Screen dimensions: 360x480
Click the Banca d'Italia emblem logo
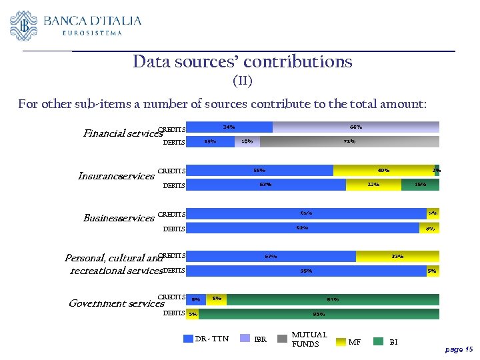click(x=24, y=25)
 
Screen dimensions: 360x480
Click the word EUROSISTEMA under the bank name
click(x=92, y=33)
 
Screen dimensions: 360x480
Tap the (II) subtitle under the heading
click(x=242, y=81)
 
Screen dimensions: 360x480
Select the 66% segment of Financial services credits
click(x=355, y=127)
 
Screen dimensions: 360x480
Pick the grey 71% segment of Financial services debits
click(x=349, y=141)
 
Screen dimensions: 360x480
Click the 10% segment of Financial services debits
click(x=247, y=141)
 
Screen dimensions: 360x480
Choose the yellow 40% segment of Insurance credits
click(x=383, y=171)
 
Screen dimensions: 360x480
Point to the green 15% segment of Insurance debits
click(x=420, y=185)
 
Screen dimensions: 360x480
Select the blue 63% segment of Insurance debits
click(x=265, y=185)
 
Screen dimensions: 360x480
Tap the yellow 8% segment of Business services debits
click(x=429, y=228)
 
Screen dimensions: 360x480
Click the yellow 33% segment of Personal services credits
click(x=397, y=256)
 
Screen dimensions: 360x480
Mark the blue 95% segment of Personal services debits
click(x=306, y=271)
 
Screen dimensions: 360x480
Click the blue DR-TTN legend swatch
click(x=188, y=339)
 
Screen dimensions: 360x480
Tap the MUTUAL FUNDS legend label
click(x=309, y=339)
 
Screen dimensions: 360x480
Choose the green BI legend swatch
click(x=378, y=341)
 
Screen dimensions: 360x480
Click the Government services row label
click(x=116, y=303)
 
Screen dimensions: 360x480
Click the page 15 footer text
click(x=459, y=349)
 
